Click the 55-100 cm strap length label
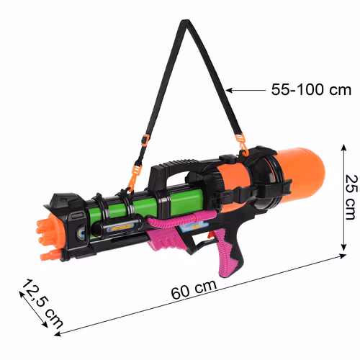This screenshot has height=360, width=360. [311, 91]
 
